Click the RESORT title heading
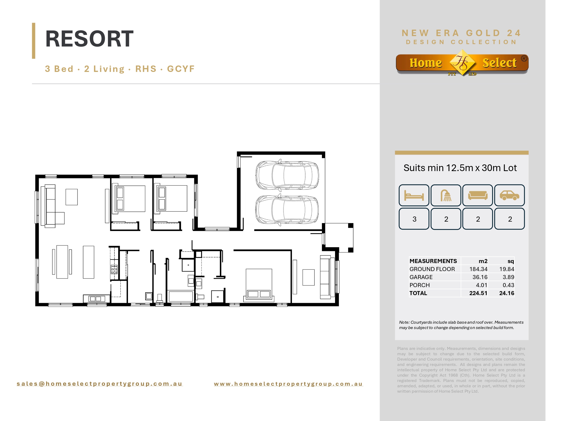click(x=89, y=39)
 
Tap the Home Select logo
click(x=462, y=63)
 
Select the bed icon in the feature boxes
click(x=414, y=195)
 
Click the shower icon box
click(x=446, y=195)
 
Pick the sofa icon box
click(x=478, y=195)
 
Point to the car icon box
click(x=509, y=195)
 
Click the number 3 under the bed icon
click(x=414, y=219)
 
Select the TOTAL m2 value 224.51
click(x=478, y=293)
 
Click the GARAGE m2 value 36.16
click(x=480, y=277)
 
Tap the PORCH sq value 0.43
click(x=508, y=285)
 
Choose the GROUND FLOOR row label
click(x=432, y=269)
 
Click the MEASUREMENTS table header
click(x=433, y=261)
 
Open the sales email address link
click(x=100, y=384)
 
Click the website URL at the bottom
click(x=288, y=384)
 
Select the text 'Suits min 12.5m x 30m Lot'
click(x=460, y=168)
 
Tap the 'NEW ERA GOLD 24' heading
click(x=461, y=33)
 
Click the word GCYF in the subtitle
click(x=181, y=69)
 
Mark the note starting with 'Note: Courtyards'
click(x=461, y=325)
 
